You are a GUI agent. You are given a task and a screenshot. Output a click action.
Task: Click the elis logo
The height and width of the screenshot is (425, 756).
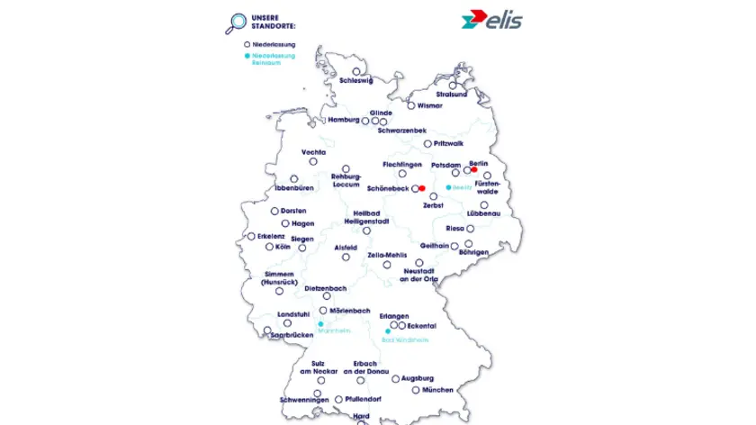[490, 20]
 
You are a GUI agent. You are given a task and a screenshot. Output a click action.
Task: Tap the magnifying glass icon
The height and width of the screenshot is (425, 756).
[238, 23]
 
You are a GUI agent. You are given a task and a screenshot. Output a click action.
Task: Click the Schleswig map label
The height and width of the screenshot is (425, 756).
[355, 80]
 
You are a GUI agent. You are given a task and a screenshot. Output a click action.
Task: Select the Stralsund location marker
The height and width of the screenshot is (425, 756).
[453, 86]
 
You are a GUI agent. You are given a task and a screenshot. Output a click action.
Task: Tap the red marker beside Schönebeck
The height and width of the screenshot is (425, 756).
[422, 189]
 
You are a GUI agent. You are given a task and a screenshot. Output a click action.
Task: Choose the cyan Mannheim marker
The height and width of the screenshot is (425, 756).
[320, 324]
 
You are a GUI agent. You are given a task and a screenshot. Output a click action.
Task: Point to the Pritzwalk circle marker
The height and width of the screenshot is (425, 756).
[427, 143]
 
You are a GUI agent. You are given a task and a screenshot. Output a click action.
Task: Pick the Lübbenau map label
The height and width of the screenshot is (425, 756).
[484, 213]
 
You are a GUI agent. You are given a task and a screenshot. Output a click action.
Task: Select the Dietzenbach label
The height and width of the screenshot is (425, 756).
[326, 289]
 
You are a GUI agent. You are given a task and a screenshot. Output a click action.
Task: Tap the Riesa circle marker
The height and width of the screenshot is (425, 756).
[470, 229]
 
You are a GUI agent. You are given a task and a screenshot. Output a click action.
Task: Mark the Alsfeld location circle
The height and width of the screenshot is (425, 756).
[346, 257]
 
